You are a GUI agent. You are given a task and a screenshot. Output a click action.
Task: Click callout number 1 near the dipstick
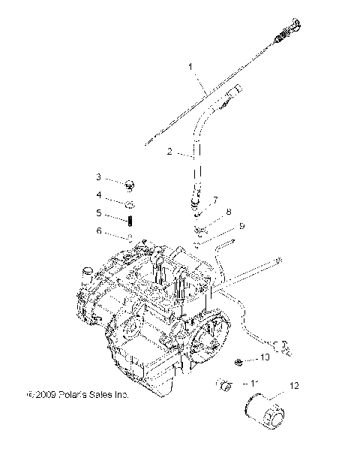[x=191, y=67]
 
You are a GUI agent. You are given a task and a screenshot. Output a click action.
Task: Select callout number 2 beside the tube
[x=170, y=152]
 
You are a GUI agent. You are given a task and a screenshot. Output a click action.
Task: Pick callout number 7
[x=215, y=200]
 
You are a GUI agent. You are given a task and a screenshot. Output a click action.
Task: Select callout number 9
[x=241, y=226]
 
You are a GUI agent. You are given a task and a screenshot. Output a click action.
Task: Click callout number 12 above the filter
[x=294, y=386]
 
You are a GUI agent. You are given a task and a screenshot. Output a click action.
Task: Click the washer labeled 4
[x=130, y=203]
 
